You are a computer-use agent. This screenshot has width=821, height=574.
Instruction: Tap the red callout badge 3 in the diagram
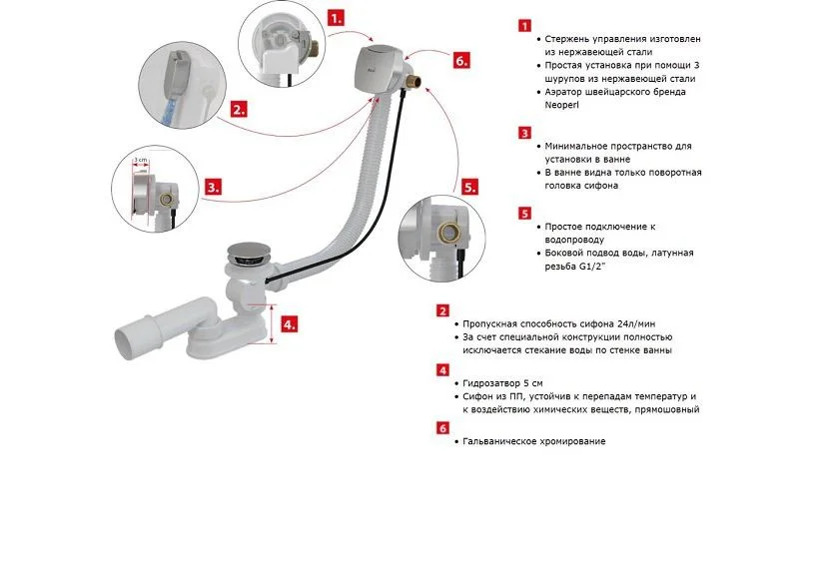click(213, 186)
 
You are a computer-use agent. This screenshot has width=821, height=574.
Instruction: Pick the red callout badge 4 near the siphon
click(288, 324)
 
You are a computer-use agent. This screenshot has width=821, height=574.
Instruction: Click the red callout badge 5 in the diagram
click(469, 186)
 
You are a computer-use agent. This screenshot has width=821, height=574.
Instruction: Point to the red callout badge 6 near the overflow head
click(459, 60)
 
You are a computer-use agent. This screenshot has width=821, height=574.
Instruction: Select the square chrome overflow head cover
click(378, 64)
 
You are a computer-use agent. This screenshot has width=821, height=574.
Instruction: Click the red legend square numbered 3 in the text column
click(524, 132)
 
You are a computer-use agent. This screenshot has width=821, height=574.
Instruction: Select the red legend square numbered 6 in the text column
click(442, 427)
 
